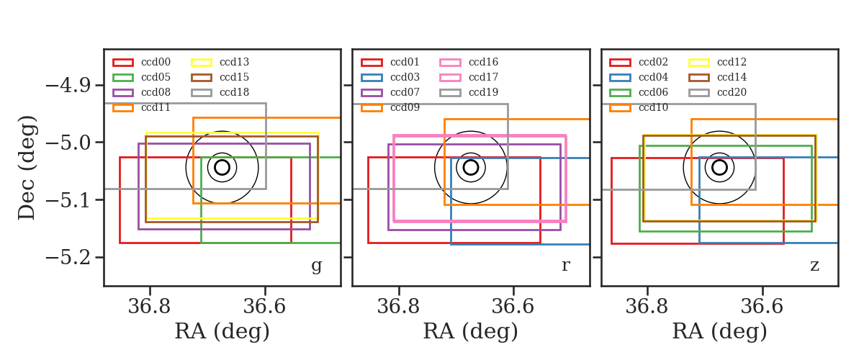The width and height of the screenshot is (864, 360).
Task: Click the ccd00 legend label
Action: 156,62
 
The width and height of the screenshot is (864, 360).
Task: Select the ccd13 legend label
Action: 234,62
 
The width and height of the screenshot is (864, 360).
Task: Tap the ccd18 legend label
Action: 234,92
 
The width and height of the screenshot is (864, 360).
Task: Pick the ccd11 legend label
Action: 156,107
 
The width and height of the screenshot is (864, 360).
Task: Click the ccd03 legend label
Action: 405,77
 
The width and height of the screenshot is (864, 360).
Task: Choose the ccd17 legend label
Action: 483,77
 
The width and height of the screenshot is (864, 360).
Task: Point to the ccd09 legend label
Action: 405,107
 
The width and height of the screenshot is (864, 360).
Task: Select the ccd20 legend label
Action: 732,92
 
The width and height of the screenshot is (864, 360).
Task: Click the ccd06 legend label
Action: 653,92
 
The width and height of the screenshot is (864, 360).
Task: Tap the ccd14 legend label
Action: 732,77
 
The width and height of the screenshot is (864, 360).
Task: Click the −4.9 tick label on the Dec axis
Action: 68,85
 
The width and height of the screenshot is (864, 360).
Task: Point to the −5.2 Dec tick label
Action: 68,257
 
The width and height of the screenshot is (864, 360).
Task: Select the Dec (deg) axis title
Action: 27,168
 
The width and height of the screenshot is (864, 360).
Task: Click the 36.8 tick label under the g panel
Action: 149,307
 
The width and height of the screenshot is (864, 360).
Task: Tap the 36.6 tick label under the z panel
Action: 762,307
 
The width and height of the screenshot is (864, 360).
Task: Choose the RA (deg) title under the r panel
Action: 471,331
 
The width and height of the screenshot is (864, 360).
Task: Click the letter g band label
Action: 316,266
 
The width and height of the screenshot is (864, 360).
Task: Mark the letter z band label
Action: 814,266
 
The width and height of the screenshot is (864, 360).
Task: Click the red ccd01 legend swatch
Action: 372,63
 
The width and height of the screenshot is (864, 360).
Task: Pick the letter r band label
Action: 565,266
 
